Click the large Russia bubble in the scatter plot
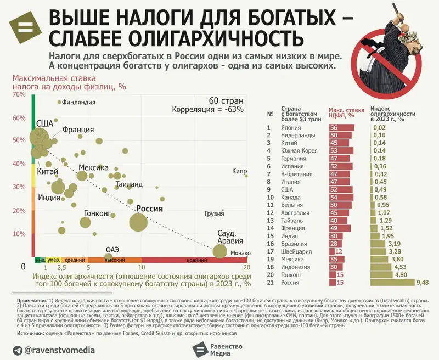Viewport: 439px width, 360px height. coord(138,222)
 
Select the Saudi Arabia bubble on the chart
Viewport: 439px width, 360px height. coord(220,251)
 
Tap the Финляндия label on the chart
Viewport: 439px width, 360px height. coord(79,102)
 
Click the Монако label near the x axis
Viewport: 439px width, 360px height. coord(240,253)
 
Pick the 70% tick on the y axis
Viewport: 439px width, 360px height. coord(19,95)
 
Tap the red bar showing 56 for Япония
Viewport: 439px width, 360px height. coord(341,128)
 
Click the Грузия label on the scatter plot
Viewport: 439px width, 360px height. coord(214,213)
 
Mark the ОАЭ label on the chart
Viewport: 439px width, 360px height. coord(112,249)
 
